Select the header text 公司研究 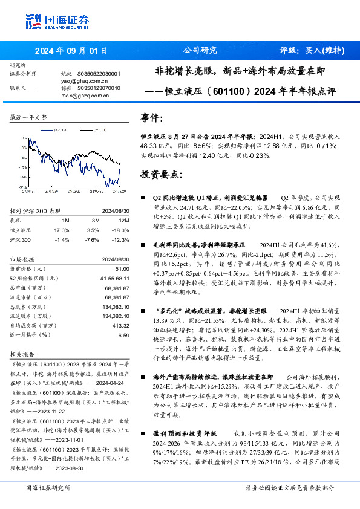(x=200, y=51)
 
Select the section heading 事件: (x=152, y=118)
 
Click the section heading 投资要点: (x=161, y=175)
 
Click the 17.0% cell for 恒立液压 (x=62, y=230)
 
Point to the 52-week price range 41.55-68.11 (x=114, y=278)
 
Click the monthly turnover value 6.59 (x=123, y=335)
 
